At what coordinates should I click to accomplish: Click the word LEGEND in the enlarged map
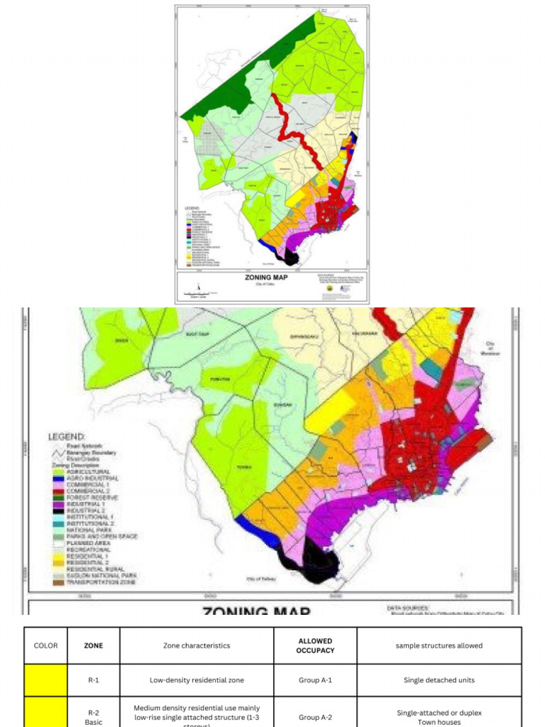67,436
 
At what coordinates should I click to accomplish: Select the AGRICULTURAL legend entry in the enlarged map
88,471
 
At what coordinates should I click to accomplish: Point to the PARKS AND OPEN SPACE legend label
101,537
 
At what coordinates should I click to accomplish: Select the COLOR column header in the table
45,645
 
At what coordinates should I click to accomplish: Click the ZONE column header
93,645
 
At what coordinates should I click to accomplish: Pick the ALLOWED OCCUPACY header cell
315,645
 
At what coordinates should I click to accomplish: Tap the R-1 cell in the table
93,680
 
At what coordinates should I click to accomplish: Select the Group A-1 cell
315,680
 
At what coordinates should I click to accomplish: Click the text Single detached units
439,680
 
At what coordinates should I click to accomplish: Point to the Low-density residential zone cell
197,680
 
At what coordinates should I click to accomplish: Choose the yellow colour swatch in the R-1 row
45,680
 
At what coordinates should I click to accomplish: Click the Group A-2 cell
315,717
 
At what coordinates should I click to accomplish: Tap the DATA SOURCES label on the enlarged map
408,608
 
